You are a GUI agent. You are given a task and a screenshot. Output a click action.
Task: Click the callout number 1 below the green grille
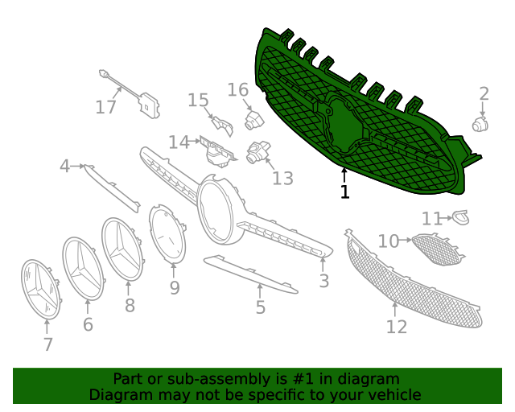click(344, 192)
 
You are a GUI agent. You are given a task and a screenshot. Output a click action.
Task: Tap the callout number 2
click(484, 94)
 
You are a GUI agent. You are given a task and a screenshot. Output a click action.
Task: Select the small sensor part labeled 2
click(480, 124)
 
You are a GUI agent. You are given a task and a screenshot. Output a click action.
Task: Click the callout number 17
click(106, 107)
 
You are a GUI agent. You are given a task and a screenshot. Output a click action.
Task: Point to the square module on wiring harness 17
click(146, 105)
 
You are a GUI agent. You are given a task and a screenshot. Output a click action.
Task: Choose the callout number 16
click(238, 89)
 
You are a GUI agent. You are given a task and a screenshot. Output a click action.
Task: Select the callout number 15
click(198, 101)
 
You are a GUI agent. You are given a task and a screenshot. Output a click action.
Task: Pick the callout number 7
click(48, 344)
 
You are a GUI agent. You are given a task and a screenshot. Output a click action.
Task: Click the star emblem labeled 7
click(41, 290)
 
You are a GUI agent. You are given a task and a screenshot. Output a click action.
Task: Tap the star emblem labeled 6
click(84, 269)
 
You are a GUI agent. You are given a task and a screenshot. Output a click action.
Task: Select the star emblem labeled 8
click(123, 249)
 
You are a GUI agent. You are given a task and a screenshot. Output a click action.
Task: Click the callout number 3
click(323, 281)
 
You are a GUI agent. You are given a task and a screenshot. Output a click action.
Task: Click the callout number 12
click(397, 327)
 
